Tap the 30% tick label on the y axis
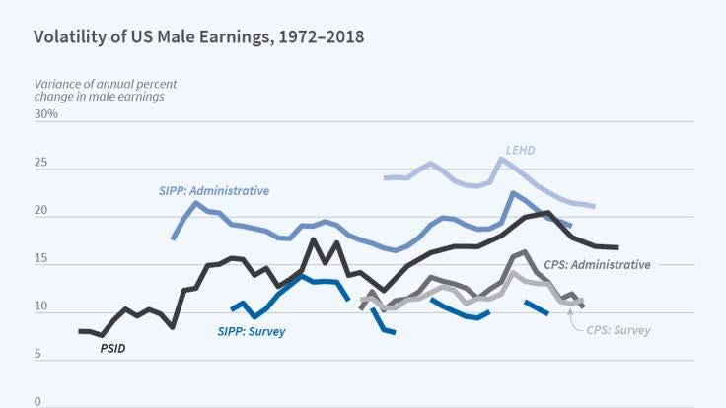tap(46, 114)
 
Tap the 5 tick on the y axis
tap(37, 355)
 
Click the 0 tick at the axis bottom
tap(37, 402)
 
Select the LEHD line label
tap(520, 150)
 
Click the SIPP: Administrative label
tap(214, 190)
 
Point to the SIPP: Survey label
tap(251, 331)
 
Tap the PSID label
tap(112, 348)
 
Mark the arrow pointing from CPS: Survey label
tap(575, 319)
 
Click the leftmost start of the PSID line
tap(80, 331)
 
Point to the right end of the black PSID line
tap(617, 247)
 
